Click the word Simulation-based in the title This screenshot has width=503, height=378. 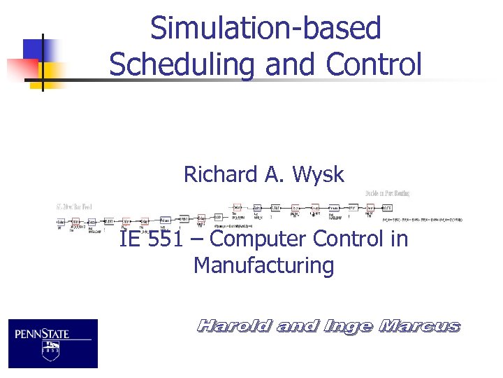point(265,29)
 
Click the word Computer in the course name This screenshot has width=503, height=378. point(257,239)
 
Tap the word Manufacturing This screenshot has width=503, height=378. point(263,266)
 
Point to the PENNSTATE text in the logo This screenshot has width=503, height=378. point(43,334)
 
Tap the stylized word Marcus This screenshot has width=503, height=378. point(419,326)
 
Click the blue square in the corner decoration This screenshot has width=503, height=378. point(35,50)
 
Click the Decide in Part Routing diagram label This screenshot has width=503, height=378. point(387,193)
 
